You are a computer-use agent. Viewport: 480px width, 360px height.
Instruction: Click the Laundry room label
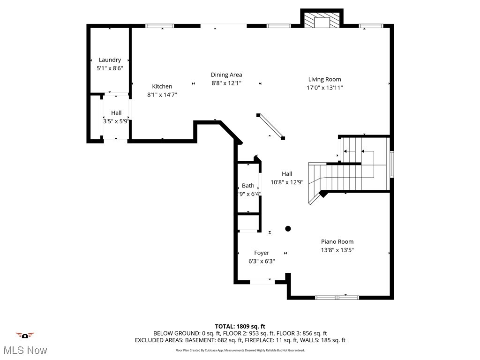pyautogui.click(x=110, y=60)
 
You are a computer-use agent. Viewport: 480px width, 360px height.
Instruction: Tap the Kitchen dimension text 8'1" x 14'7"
pyautogui.click(x=162, y=95)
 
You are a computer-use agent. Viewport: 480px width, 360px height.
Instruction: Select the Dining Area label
pyautogui.click(x=226, y=75)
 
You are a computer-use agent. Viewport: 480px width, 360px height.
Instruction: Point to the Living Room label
pyautogui.click(x=324, y=79)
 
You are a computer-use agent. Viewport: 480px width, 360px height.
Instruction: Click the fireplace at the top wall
pyautogui.click(x=322, y=20)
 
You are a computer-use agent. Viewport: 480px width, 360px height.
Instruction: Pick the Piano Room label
pyautogui.click(x=337, y=242)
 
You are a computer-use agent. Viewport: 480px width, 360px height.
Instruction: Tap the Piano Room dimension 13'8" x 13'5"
pyautogui.click(x=337, y=250)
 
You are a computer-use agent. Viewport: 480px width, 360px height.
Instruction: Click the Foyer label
pyautogui.click(x=262, y=253)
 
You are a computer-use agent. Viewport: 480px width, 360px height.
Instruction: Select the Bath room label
pyautogui.click(x=248, y=186)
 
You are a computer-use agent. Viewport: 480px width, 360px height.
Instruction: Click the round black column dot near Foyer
pyautogui.click(x=288, y=229)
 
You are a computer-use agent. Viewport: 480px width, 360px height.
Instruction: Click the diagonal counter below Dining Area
pyautogui.click(x=270, y=126)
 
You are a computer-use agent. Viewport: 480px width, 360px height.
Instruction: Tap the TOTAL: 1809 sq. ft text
pyautogui.click(x=240, y=326)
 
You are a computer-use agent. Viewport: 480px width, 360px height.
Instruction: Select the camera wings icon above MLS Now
pyautogui.click(x=25, y=335)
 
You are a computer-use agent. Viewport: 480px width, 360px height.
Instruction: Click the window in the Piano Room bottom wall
pyautogui.click(x=337, y=297)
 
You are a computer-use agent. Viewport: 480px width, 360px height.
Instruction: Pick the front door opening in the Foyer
pyautogui.click(x=262, y=282)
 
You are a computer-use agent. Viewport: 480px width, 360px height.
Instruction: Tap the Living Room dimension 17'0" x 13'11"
pyautogui.click(x=324, y=88)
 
